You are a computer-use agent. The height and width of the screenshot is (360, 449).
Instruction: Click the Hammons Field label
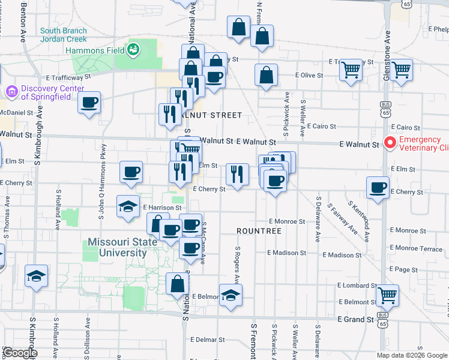[x=97, y=51]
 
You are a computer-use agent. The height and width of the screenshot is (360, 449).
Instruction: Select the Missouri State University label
[x=116, y=248]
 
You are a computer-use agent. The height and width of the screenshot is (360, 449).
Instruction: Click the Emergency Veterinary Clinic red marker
[x=388, y=143]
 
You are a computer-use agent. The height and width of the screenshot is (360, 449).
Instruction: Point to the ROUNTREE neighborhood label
[x=259, y=231]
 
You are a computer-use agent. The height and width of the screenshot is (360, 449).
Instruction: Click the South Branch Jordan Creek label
[x=63, y=35]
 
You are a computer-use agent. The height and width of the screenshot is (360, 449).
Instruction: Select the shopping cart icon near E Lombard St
[x=388, y=295]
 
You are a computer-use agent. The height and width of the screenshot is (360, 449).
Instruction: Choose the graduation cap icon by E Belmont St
[x=231, y=295]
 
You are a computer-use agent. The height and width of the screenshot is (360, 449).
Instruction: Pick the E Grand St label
[x=355, y=320]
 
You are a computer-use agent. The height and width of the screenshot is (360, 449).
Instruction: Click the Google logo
[x=19, y=353]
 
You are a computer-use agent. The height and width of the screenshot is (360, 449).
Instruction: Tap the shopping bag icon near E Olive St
[x=266, y=75]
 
